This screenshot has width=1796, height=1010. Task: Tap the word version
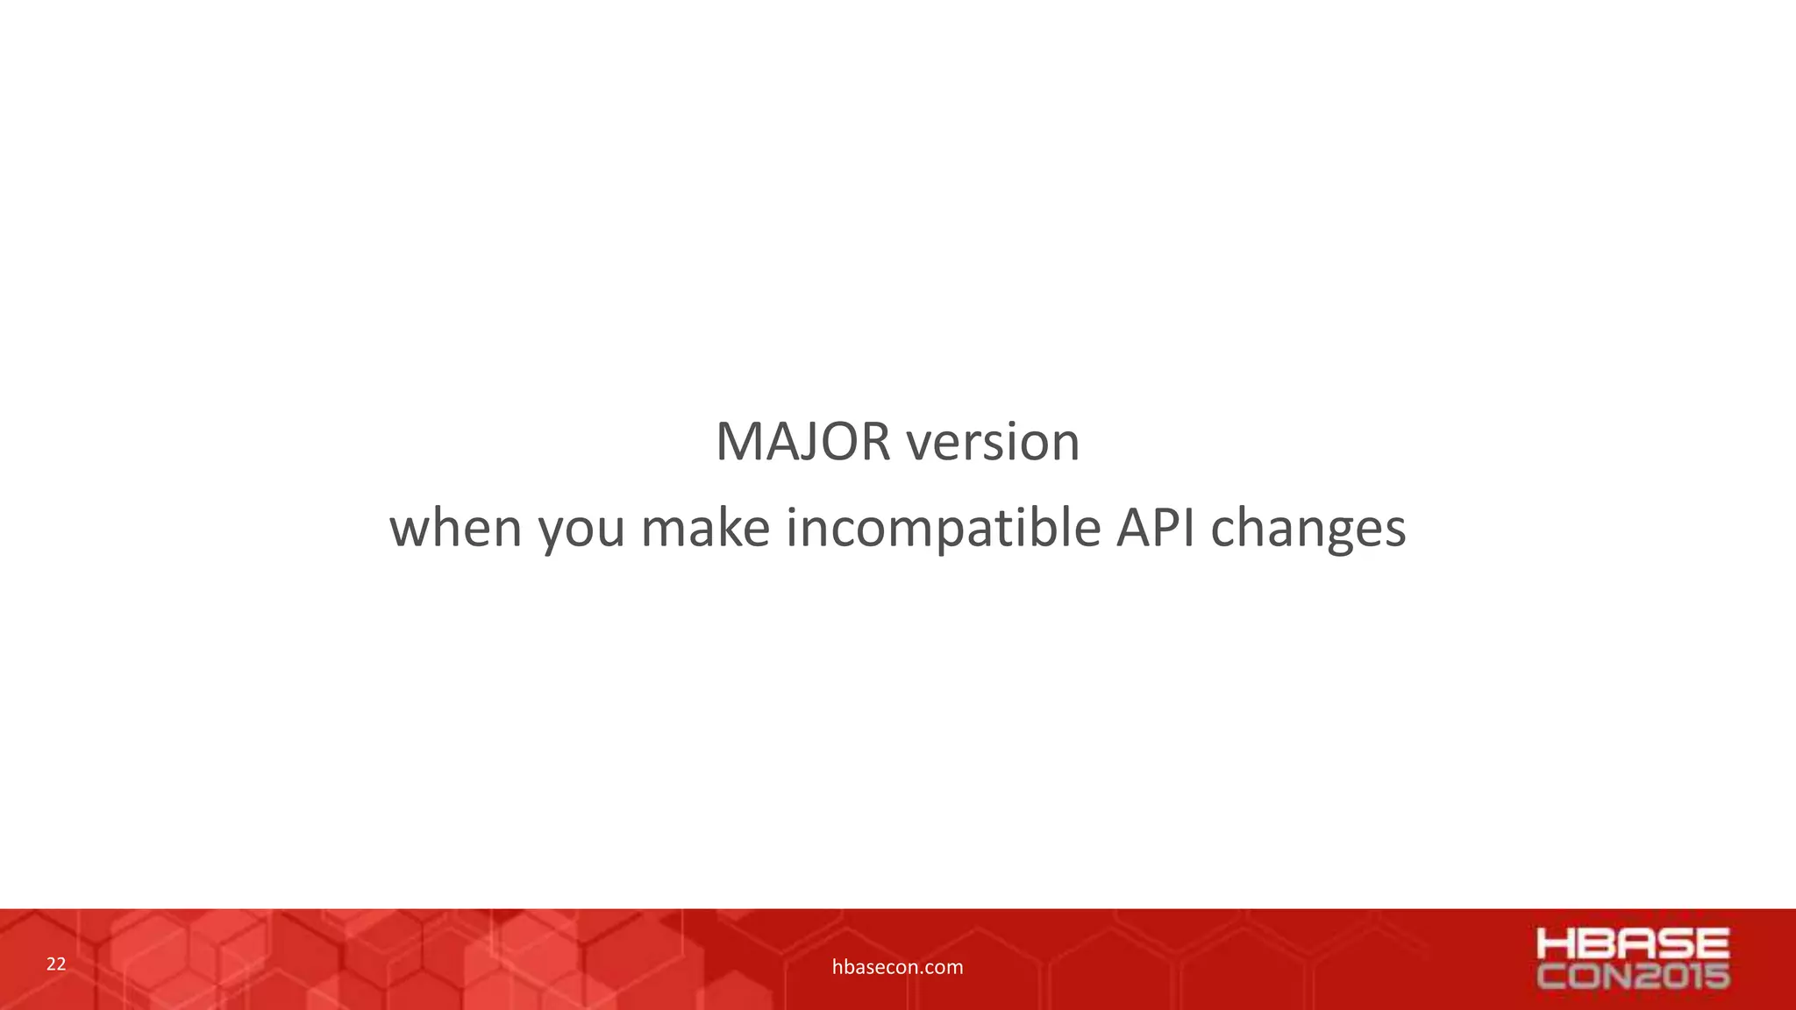[993, 442]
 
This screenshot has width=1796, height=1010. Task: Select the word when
[456, 529]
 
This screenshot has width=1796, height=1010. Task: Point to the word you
[581, 529]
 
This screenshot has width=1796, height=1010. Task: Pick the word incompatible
[943, 529]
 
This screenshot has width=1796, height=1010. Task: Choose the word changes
[1308, 529]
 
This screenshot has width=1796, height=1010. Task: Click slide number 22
[56, 964]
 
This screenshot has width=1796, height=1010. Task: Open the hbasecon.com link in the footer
[897, 967]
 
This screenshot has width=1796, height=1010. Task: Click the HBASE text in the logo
[1632, 943]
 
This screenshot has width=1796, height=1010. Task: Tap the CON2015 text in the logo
[1632, 976]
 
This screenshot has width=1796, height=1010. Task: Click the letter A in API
[1134, 529]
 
